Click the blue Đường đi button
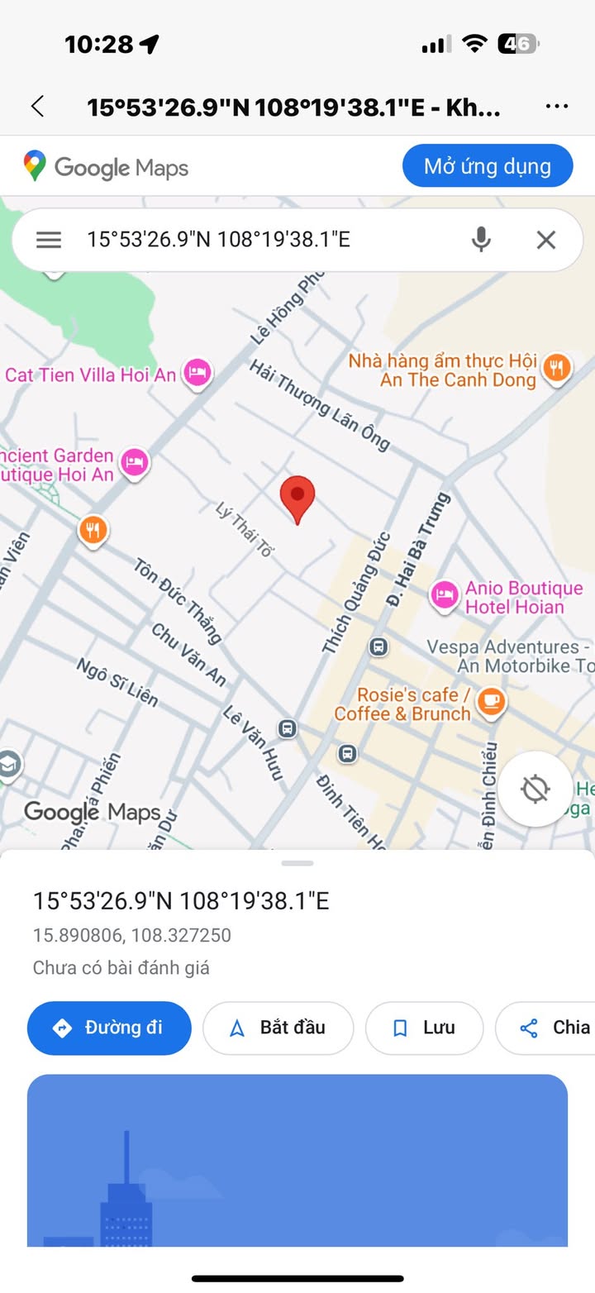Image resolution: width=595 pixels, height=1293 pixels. [x=109, y=1028]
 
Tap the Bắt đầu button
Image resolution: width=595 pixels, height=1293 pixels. [x=278, y=1028]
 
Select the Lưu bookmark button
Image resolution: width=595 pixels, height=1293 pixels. [x=424, y=1028]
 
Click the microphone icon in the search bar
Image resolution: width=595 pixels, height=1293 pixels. [x=481, y=240]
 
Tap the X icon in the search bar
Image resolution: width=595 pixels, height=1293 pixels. [x=545, y=240]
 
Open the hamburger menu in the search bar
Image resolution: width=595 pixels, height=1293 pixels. [x=49, y=240]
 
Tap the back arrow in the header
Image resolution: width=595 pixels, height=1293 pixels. [x=37, y=107]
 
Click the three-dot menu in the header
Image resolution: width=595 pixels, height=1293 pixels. [x=557, y=107]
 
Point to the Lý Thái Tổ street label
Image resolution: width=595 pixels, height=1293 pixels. [x=245, y=529]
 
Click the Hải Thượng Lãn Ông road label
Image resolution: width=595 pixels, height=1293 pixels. [x=319, y=404]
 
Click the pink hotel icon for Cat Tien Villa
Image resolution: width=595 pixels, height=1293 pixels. [x=198, y=372]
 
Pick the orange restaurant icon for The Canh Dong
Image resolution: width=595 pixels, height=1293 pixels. [x=558, y=367]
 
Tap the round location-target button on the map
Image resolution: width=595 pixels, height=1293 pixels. [x=535, y=789]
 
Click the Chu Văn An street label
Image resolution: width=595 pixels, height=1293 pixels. [x=188, y=654]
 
